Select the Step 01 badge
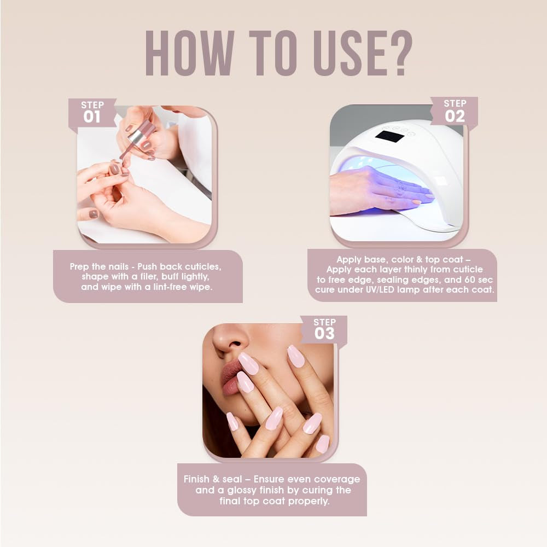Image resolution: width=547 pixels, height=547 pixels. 92,113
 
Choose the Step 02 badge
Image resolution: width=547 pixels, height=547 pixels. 455,112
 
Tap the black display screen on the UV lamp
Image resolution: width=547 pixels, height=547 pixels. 389,136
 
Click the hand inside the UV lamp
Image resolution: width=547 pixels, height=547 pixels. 377,190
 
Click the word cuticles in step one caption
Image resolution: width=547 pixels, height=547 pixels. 202,266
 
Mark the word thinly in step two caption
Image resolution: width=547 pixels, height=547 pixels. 418,269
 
